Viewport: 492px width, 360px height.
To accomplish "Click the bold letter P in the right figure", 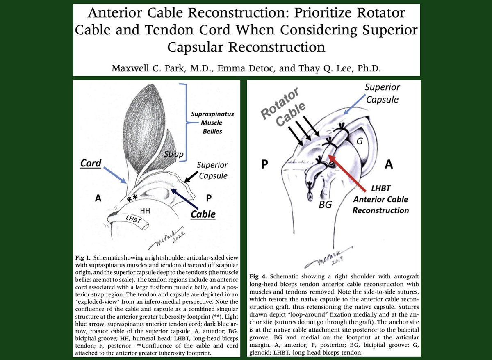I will (265, 164).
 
